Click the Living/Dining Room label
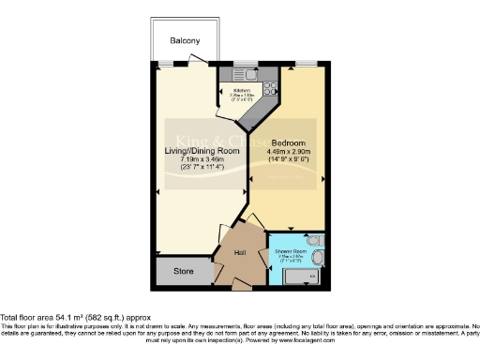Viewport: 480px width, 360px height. point(202,150)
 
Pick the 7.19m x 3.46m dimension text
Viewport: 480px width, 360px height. point(202,159)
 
